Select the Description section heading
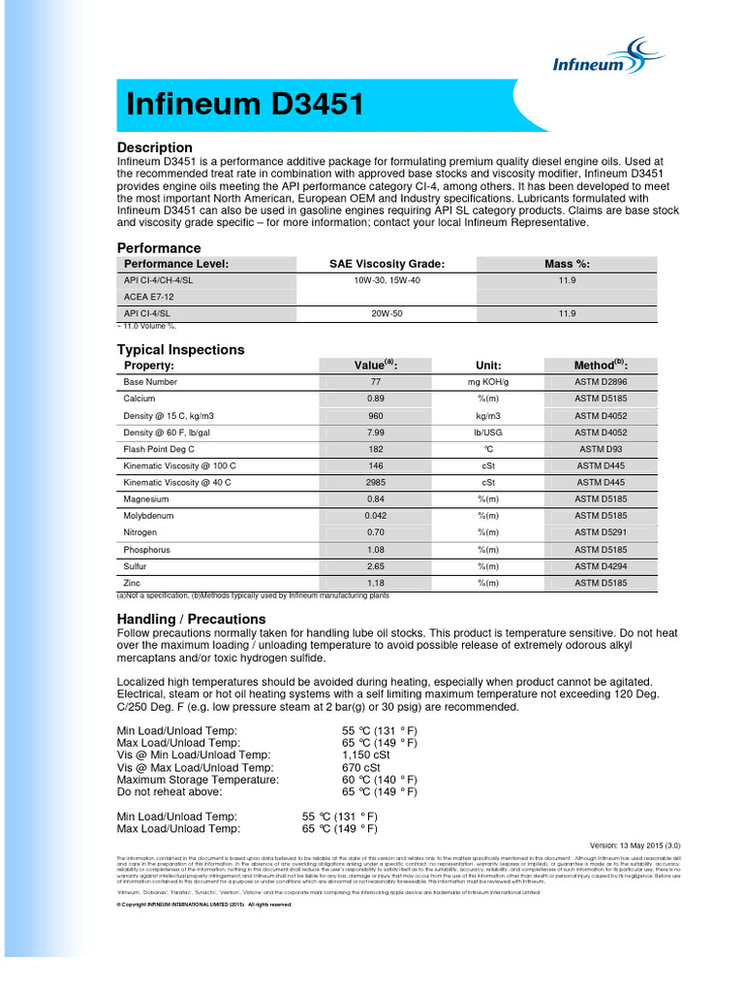[155, 147]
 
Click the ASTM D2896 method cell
[601, 382]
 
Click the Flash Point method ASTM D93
[601, 449]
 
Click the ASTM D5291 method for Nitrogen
[601, 532]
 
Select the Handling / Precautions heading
[191, 619]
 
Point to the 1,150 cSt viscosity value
[364, 755]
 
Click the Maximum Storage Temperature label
[198, 780]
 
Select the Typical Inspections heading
[181, 349]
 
